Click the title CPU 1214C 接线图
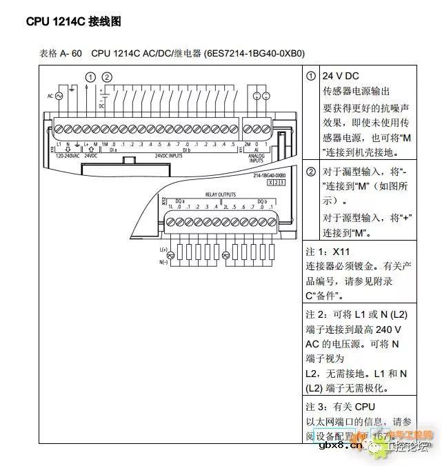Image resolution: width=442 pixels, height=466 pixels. click(74, 21)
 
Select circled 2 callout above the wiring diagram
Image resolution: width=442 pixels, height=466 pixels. click(107, 77)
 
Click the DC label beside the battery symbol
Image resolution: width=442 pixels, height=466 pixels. click(101, 106)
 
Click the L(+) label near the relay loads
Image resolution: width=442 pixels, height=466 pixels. click(163, 248)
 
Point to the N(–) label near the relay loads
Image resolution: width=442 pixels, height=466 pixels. click(163, 262)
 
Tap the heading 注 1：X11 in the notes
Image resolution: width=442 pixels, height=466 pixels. click(328, 252)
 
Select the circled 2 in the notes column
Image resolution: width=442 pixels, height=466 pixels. click(312, 171)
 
